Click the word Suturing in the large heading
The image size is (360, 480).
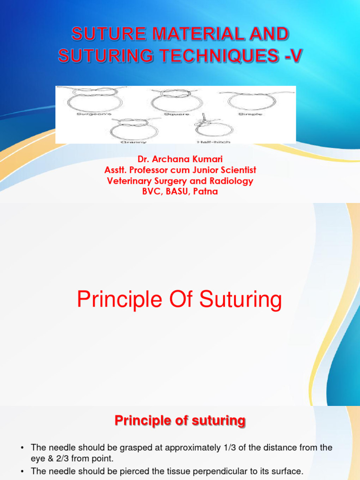coord(241,300)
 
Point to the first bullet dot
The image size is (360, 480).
coord(22,448)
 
